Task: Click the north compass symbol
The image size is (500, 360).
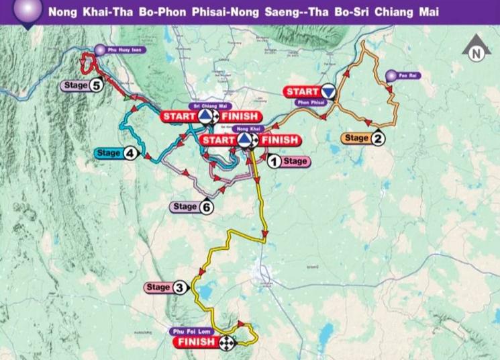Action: click(x=476, y=49)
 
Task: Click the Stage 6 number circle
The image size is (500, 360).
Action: click(x=207, y=207)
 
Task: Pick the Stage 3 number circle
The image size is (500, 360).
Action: click(x=179, y=288)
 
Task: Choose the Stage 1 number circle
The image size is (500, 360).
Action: click(x=273, y=161)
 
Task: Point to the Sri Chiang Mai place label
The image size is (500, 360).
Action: click(x=205, y=106)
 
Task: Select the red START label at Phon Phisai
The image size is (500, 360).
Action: click(x=302, y=91)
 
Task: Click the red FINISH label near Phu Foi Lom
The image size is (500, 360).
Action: click(x=195, y=342)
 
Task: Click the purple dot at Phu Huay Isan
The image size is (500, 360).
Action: click(x=100, y=48)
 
